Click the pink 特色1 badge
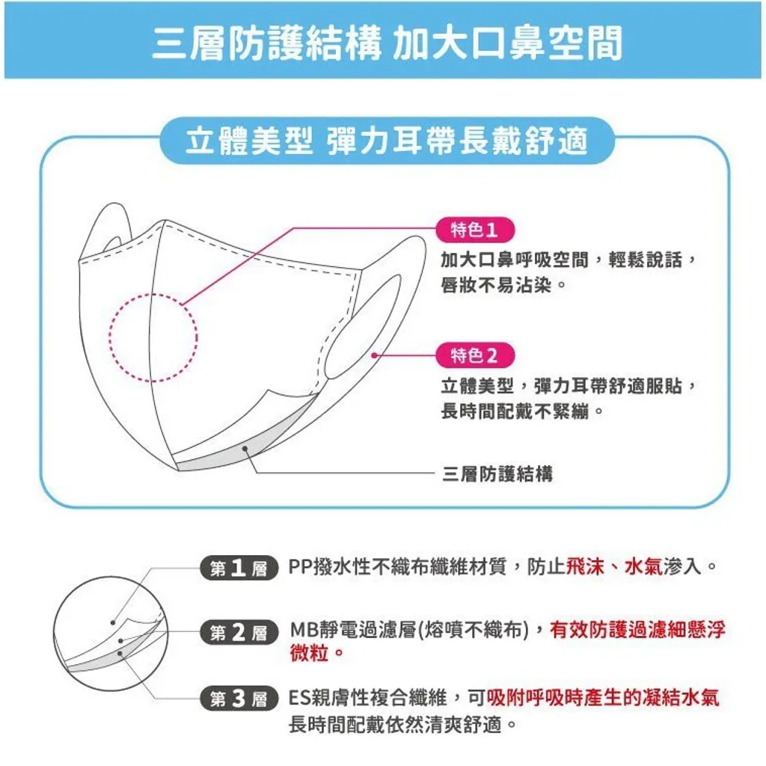click(x=475, y=230)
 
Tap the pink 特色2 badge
click(x=475, y=355)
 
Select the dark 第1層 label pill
click(x=239, y=568)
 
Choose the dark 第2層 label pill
click(x=239, y=633)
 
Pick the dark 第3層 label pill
click(x=239, y=698)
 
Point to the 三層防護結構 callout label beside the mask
click(x=497, y=474)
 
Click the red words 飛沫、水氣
click(x=614, y=567)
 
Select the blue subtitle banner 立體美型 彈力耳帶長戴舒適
click(x=387, y=141)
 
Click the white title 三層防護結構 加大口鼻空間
click(x=387, y=43)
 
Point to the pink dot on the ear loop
click(x=374, y=355)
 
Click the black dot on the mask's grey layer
click(x=245, y=449)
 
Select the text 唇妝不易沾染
click(x=497, y=285)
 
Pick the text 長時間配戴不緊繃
click(x=515, y=411)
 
